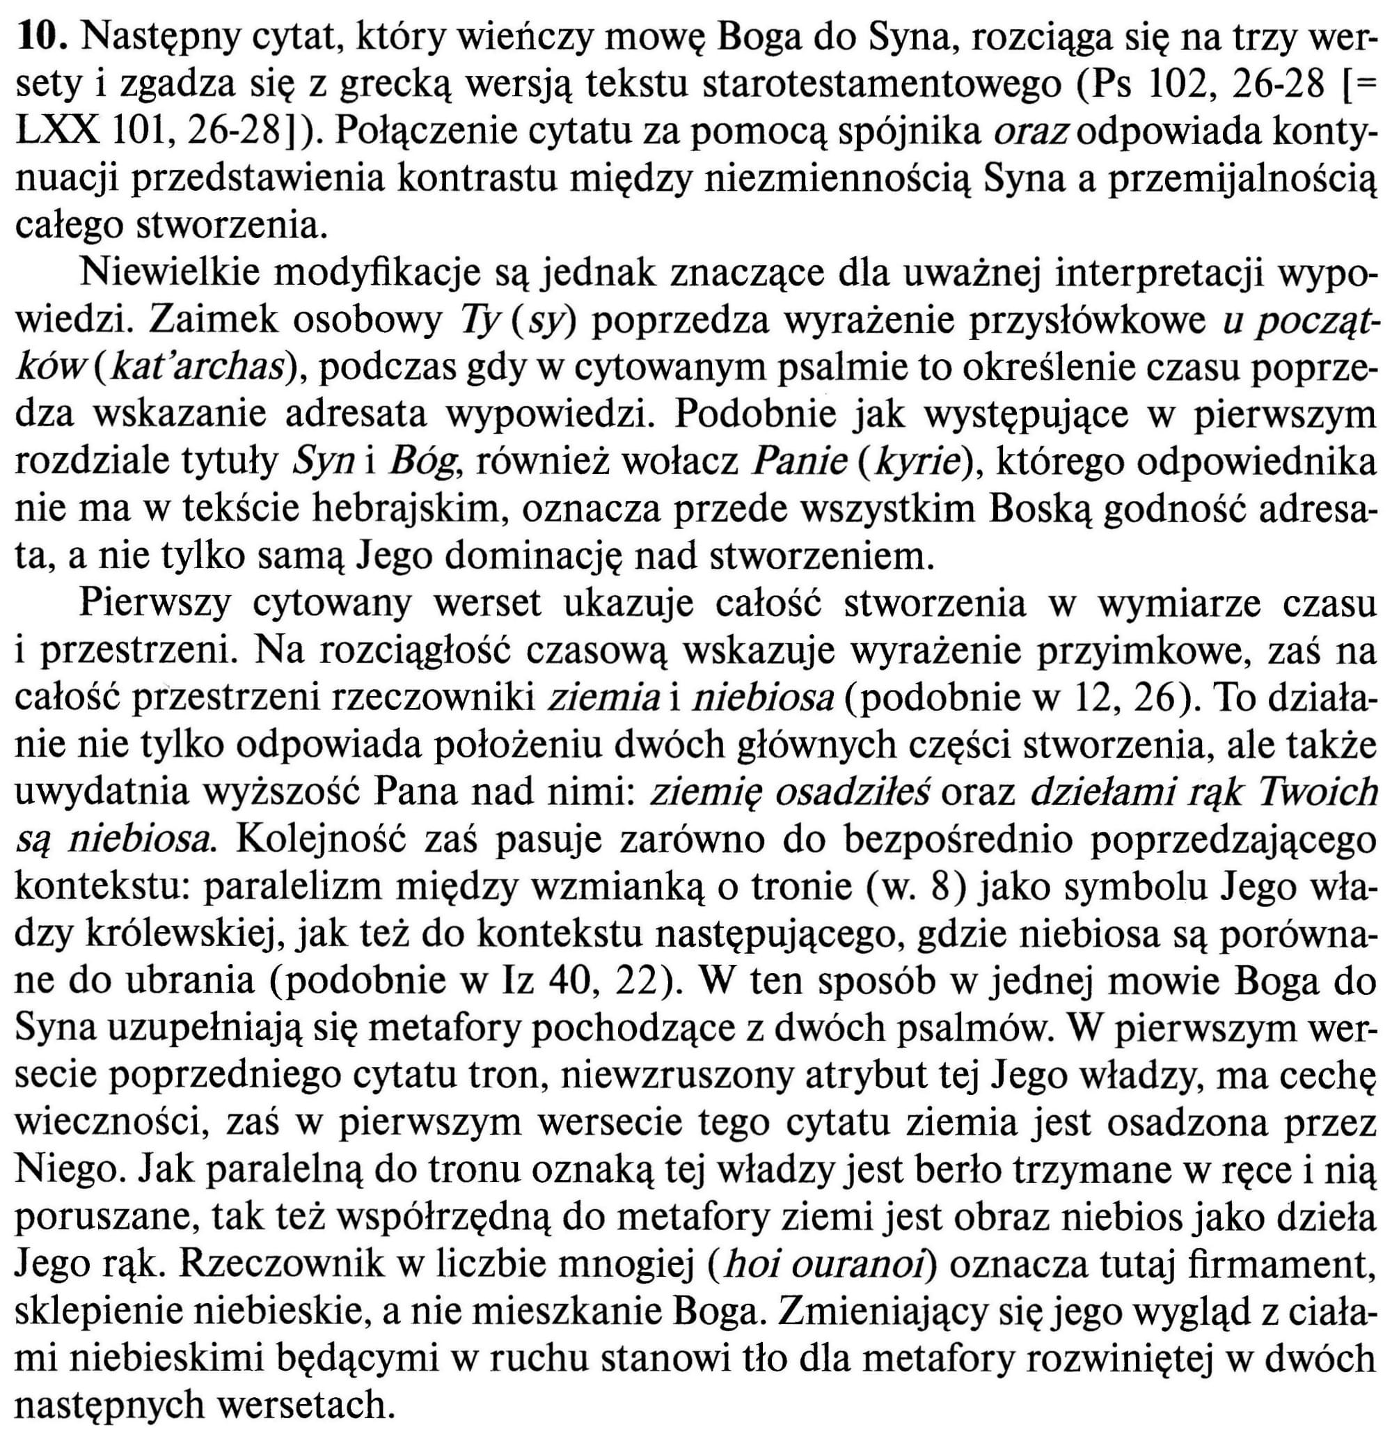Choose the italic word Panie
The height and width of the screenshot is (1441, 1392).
point(802,462)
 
